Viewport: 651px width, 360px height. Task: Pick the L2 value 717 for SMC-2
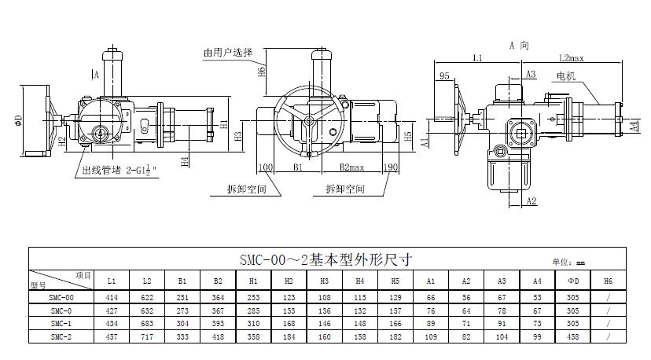[146, 336]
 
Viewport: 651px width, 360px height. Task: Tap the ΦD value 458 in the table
[572, 336]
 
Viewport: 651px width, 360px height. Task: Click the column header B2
[218, 280]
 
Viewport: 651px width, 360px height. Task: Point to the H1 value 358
[253, 336]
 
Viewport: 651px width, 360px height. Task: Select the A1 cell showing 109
[430, 336]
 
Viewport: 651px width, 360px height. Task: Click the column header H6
[608, 280]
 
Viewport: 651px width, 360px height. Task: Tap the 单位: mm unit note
[569, 263]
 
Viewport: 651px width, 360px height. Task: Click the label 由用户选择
[228, 53]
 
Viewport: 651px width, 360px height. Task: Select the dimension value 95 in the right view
[444, 76]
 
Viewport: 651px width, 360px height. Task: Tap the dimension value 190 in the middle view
[392, 167]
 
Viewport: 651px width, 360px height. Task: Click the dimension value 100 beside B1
[265, 167]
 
